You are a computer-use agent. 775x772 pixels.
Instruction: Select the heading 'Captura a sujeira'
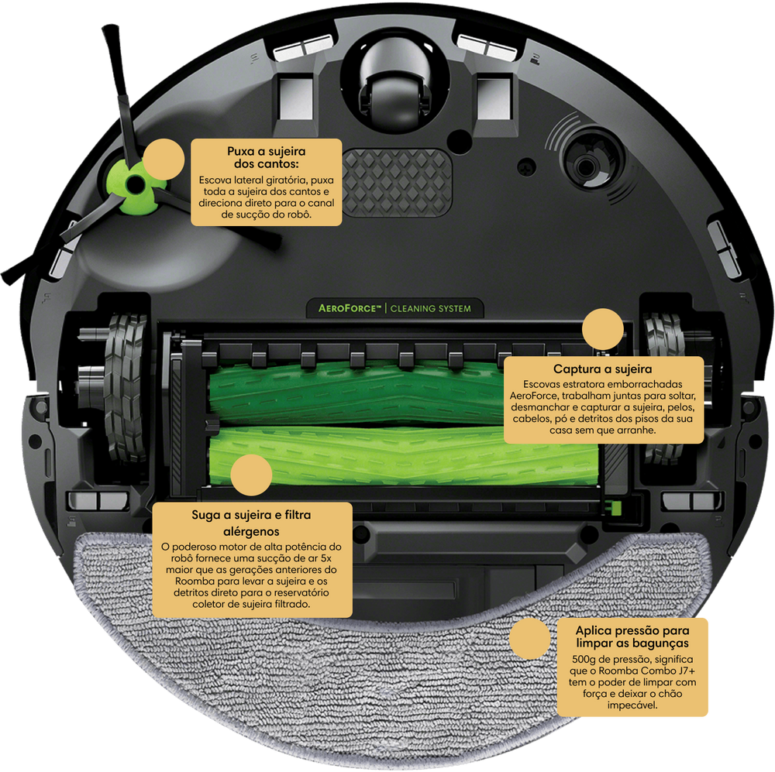pos(602,369)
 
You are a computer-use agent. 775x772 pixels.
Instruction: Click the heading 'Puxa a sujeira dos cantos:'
pos(267,157)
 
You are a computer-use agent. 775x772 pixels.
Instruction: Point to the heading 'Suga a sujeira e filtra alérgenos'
pos(251,523)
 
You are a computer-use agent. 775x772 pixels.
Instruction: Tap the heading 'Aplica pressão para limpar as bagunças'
pos(632,636)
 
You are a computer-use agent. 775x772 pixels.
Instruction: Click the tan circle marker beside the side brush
pos(164,159)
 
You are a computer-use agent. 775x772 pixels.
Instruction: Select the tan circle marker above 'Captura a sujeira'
pos(602,329)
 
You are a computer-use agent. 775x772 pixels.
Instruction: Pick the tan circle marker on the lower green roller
pos(251,475)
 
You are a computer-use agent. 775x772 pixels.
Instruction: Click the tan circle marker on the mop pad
pos(529,638)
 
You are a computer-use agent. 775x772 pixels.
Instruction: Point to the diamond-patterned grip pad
pos(398,183)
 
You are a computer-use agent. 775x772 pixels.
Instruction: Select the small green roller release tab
pos(615,507)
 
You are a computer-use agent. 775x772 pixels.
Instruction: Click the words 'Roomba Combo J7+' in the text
pos(647,671)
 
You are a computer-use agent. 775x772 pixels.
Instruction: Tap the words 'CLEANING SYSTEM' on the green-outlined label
pos(430,309)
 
